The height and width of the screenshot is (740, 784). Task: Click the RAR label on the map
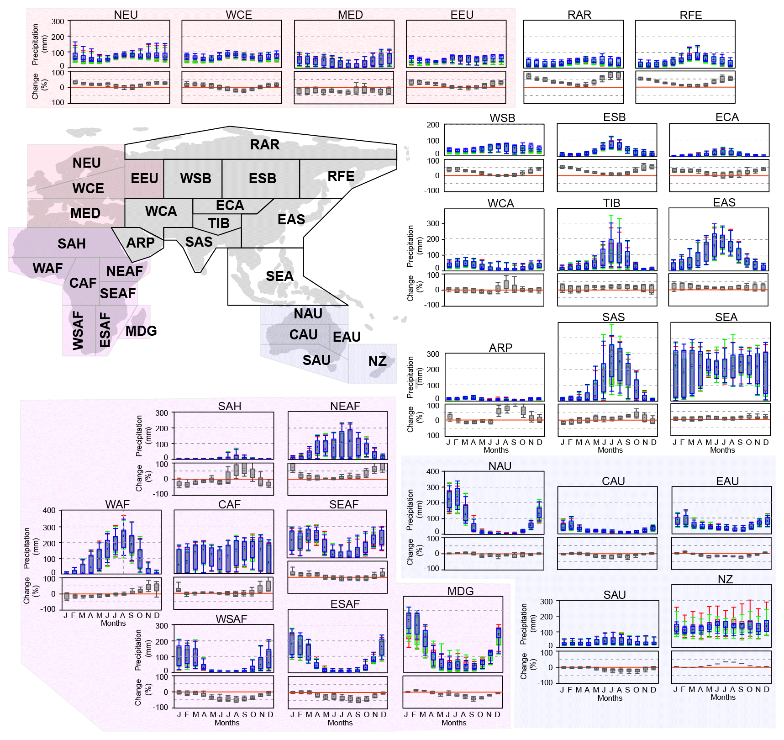264,145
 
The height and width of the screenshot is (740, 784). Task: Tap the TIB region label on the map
219,223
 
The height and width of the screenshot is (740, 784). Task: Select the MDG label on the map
141,331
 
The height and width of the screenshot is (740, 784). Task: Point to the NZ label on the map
377,361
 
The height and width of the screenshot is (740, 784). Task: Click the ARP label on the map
140,243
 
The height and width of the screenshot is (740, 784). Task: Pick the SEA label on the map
279,276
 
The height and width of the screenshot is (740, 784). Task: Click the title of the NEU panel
126,15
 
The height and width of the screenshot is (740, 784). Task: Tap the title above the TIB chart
611,203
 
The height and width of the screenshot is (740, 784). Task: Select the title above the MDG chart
460,591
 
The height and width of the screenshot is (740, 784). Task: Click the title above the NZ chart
725,579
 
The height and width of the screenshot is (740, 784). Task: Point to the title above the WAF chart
117,504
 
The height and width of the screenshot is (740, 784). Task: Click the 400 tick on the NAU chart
432,471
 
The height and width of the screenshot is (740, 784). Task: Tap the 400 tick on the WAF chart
49,511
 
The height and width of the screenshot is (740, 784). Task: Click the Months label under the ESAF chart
340,723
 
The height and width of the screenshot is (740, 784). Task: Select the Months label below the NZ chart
723,697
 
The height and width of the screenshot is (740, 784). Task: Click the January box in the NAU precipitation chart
449,499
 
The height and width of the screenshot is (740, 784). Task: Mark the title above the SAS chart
613,317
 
